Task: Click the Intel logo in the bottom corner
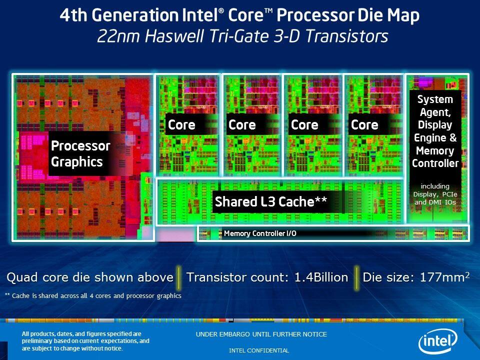[x=437, y=341]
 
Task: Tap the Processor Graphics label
[x=80, y=154]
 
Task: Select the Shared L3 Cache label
[x=270, y=202]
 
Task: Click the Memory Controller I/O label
[x=260, y=233]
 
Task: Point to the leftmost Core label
[x=181, y=125]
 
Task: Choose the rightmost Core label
[x=364, y=125]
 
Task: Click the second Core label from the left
[x=242, y=125]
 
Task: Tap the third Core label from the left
[x=304, y=125]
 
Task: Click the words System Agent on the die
[x=435, y=105]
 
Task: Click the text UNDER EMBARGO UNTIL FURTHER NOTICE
[x=261, y=334]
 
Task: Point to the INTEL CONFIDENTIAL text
[x=258, y=350]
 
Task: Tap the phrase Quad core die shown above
[x=89, y=277]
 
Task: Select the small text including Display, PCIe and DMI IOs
[x=434, y=194]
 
